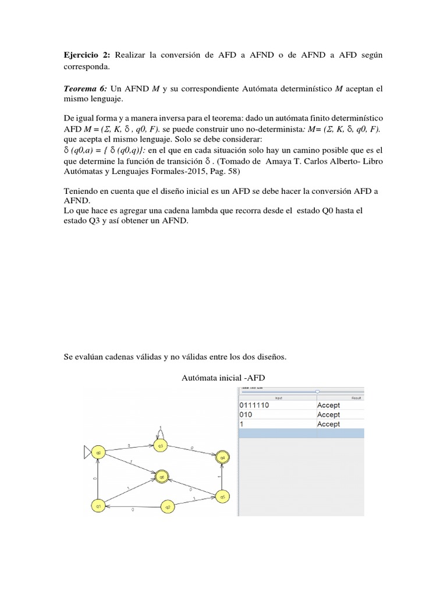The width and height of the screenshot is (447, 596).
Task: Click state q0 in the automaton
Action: point(99,452)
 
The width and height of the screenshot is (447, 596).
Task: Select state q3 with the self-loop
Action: point(161,446)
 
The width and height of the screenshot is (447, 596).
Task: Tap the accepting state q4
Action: point(222,457)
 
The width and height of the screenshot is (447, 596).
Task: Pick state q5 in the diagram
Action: point(220,496)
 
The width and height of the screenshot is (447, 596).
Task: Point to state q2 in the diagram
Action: point(168,506)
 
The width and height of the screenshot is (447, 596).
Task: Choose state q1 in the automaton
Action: point(99,506)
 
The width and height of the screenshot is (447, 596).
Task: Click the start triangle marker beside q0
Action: point(87,452)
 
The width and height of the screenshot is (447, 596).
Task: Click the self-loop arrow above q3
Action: point(161,431)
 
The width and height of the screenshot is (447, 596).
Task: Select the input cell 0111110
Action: point(254,405)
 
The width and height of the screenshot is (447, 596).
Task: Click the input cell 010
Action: point(247,414)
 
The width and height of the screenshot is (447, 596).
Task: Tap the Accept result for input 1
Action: point(328,424)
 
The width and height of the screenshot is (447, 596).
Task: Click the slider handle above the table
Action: point(317,392)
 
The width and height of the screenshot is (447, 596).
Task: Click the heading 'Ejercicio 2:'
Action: point(87,54)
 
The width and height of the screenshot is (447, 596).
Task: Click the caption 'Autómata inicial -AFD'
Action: point(223,378)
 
